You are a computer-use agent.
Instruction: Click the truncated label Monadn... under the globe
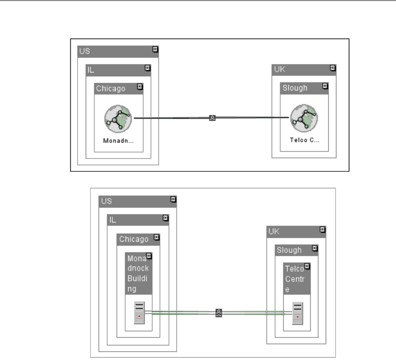118,140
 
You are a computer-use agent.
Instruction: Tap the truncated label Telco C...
304,140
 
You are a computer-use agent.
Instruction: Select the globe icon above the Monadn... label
118,118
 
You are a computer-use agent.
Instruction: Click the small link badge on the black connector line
212,117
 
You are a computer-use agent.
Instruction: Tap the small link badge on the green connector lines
219,313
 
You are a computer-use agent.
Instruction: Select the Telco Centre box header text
294,279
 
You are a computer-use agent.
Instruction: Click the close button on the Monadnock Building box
149,256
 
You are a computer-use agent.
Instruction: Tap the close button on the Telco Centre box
306,266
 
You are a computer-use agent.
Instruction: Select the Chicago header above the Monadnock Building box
134,239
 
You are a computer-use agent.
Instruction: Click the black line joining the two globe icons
171,117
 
